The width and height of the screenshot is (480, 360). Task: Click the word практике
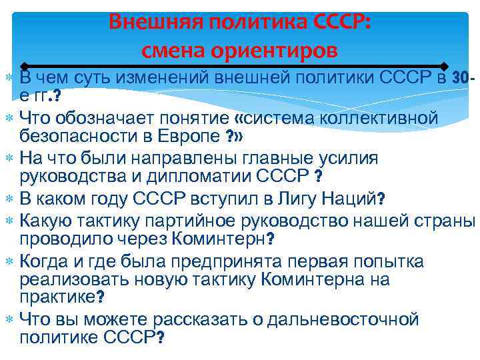57,297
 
